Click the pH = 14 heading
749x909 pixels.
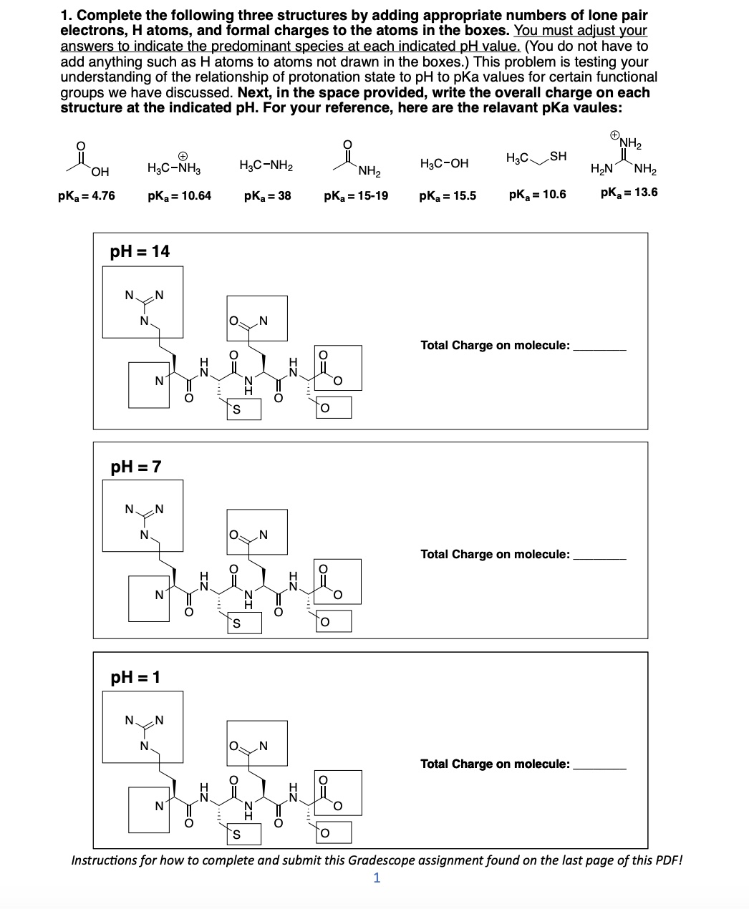pos(140,251)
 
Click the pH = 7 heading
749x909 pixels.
pos(136,467)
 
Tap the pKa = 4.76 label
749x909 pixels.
pos(86,195)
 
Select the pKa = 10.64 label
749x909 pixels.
pos(179,195)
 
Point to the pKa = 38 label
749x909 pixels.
pos(267,195)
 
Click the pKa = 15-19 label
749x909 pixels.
pos(356,195)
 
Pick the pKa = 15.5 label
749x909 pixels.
pos(448,195)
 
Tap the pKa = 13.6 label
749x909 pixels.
pos(629,192)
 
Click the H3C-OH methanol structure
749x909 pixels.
pos(444,163)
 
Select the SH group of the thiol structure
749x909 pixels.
pos(558,156)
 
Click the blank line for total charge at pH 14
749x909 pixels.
pos(600,349)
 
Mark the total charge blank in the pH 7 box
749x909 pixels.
pos(600,558)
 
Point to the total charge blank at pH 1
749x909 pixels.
pos(600,767)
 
